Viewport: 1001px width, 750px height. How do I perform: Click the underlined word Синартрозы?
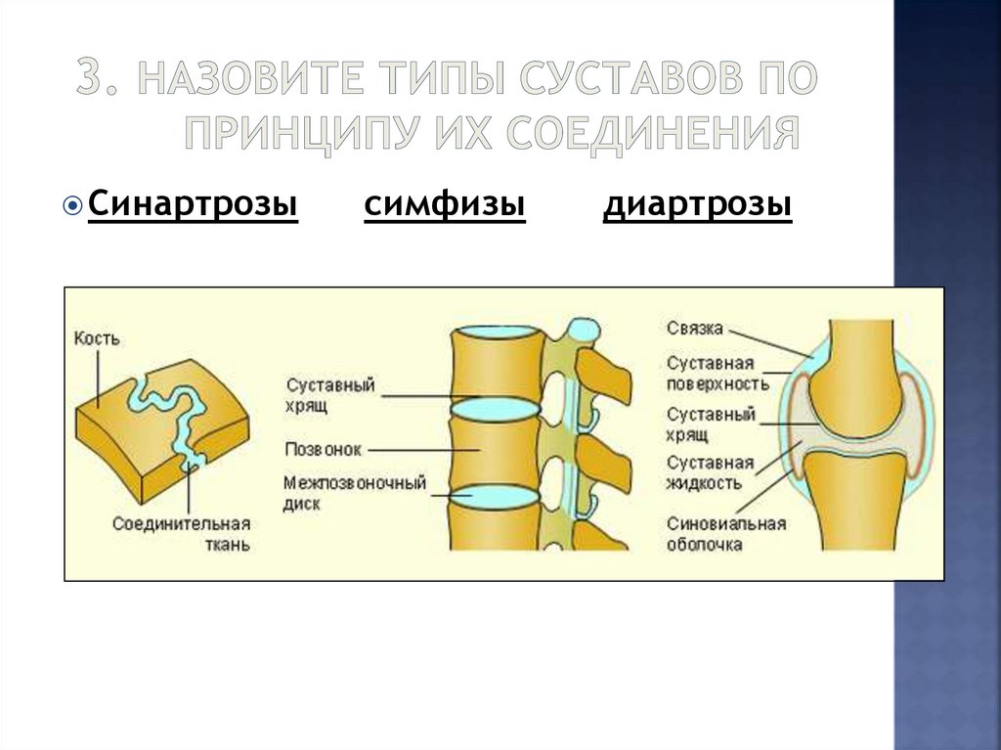pyautogui.click(x=193, y=206)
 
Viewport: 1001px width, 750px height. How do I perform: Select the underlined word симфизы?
pyautogui.click(x=445, y=206)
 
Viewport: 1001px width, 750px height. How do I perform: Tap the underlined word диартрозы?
pyautogui.click(x=697, y=206)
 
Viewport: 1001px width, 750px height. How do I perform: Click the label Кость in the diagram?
pyautogui.click(x=97, y=339)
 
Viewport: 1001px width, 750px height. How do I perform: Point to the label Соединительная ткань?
pyautogui.click(x=182, y=533)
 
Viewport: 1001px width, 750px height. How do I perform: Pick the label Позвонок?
pyautogui.click(x=324, y=450)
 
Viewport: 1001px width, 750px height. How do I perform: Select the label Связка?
pyautogui.click(x=695, y=328)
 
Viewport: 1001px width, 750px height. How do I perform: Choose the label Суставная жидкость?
pyautogui.click(x=711, y=471)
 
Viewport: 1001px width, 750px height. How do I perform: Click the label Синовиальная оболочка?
pyautogui.click(x=725, y=533)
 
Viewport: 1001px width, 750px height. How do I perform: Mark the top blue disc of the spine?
pyautogui.click(x=496, y=333)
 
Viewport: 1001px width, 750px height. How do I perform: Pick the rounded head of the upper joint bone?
pyautogui.click(x=860, y=391)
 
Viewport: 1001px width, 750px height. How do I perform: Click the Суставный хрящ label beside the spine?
pyautogui.click(x=331, y=394)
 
